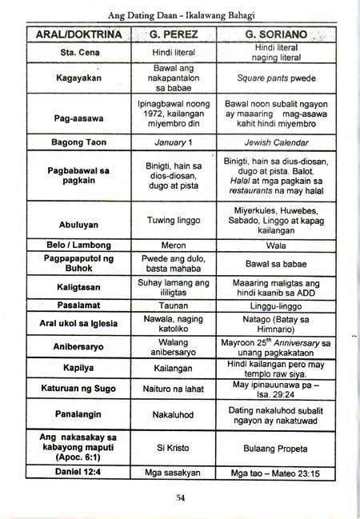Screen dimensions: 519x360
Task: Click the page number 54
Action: [181, 499]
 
